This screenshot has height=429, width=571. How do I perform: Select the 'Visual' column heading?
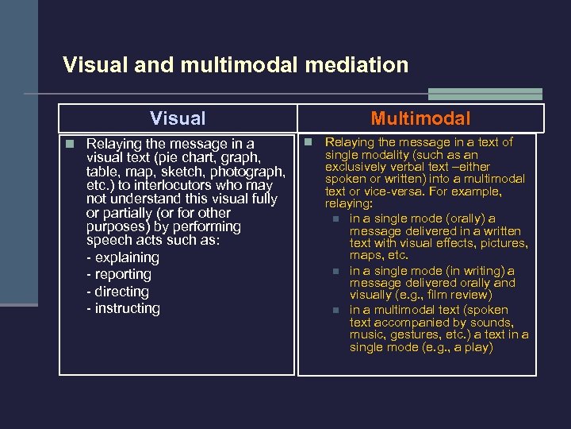(178, 118)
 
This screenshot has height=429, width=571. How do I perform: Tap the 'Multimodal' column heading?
(420, 119)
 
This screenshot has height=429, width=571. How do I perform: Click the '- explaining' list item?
(122, 257)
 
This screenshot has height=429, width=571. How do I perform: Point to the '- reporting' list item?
(118, 274)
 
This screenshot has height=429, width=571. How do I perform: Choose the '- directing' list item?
(117, 292)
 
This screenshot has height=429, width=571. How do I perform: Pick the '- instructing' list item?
(123, 308)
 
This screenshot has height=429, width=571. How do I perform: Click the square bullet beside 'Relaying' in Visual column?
(71, 144)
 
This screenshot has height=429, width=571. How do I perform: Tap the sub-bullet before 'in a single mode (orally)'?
(335, 218)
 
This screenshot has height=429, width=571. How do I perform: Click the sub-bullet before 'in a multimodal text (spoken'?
(335, 311)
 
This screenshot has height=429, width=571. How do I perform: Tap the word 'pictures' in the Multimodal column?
(503, 243)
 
